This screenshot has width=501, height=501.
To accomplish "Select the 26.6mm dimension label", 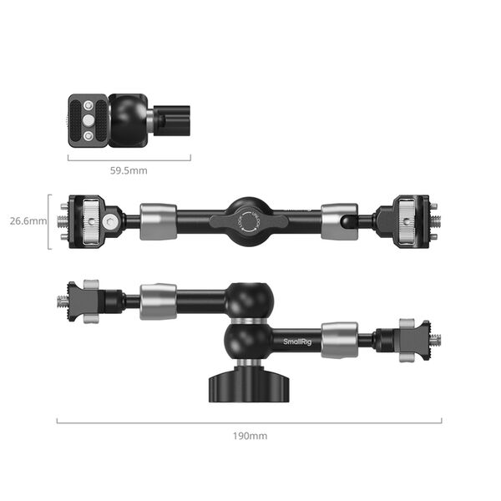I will click(x=28, y=221).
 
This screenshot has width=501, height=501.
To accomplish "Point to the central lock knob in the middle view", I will click(x=249, y=221).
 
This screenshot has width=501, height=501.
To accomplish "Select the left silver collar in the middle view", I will click(x=157, y=221).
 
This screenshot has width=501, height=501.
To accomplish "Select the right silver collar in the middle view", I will click(x=339, y=221).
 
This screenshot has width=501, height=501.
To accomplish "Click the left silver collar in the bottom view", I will click(x=157, y=301).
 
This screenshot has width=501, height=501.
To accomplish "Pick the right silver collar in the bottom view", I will click(x=339, y=341).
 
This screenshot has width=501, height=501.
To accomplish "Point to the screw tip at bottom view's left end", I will click(x=63, y=301).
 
